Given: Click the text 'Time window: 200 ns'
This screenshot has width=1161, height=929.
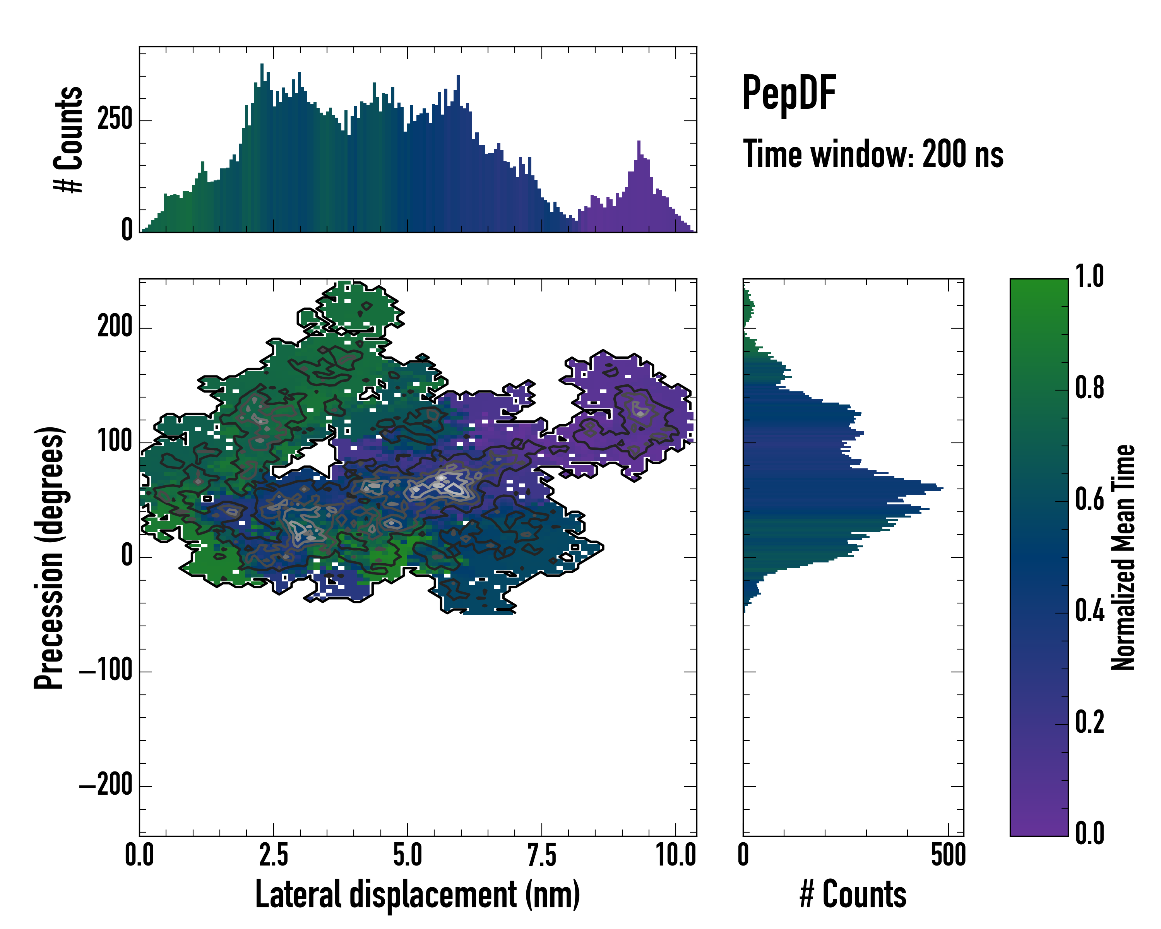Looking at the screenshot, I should [x=872, y=154].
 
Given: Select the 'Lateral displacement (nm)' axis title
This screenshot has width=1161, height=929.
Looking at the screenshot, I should [x=417, y=894].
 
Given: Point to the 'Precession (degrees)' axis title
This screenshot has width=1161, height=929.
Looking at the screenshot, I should [x=50, y=557].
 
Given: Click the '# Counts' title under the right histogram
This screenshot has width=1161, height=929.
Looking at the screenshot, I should [x=853, y=894].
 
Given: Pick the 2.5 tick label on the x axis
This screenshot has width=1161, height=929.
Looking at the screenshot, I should [x=274, y=855].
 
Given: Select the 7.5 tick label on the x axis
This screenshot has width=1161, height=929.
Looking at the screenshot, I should [x=542, y=855].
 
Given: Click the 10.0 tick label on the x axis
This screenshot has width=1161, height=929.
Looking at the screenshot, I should [x=676, y=855].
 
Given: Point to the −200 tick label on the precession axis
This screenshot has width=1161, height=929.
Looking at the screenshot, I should [x=106, y=785].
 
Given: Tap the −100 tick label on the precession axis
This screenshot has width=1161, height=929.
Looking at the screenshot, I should [x=106, y=671].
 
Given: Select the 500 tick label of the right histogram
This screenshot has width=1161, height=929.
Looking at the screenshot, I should [x=948, y=855].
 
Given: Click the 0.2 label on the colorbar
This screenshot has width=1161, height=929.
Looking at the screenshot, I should [x=1089, y=723].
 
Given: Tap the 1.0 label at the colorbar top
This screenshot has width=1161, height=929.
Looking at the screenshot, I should [x=1089, y=277].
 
